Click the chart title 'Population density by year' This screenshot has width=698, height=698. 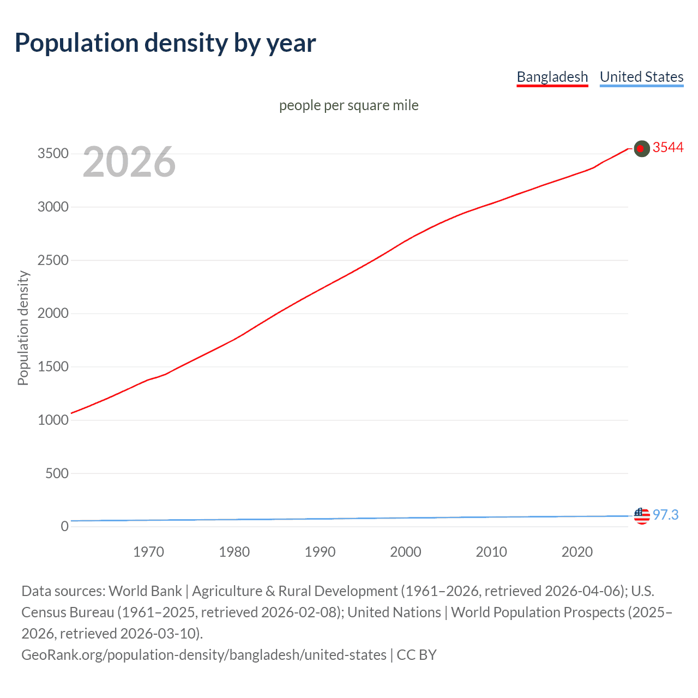point(165,43)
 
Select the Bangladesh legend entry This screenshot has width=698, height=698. point(552,77)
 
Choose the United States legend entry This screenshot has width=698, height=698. point(641,77)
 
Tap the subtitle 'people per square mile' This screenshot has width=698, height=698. point(348,105)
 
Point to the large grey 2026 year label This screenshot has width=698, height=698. point(129,162)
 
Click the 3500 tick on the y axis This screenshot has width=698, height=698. point(53,154)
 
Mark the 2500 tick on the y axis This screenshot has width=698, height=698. point(53,261)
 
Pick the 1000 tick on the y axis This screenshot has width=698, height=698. point(53,420)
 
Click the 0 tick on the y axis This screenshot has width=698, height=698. point(64,526)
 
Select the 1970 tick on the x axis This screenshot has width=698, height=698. point(148,552)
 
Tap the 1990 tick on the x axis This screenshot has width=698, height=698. point(320,552)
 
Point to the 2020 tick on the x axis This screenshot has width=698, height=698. point(577,552)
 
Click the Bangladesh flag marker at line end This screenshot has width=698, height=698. point(642,148)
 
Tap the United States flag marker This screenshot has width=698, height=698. point(642,515)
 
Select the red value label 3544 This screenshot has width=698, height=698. point(668,148)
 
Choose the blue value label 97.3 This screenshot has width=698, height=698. point(665,515)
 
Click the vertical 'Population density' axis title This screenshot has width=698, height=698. point(23,328)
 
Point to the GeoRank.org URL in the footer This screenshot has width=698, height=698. point(203,654)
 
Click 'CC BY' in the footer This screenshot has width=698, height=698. point(417,654)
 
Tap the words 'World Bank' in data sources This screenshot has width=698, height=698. point(145,591)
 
